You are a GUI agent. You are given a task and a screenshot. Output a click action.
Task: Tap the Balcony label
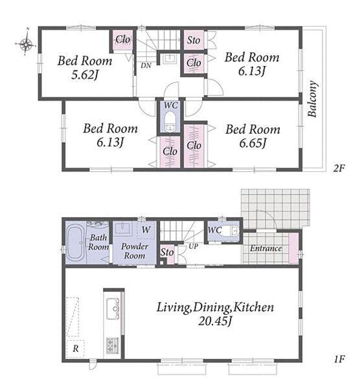(x=312, y=98)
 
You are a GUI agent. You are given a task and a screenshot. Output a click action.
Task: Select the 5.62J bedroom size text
(x=84, y=75)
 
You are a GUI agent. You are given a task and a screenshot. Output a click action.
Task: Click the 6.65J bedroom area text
(x=253, y=144)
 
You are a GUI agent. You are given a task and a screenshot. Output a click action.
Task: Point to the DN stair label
(x=146, y=65)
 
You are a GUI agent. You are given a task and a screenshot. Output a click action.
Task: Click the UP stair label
(x=193, y=246)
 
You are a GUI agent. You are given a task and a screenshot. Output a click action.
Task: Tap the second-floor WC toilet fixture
(x=170, y=121)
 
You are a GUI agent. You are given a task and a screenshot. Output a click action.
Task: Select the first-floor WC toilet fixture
(x=231, y=231)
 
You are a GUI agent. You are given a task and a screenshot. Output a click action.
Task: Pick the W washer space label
(x=146, y=230)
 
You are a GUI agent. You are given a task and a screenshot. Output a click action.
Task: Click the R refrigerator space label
(x=76, y=349)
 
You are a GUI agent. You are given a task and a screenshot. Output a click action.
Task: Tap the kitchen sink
(x=113, y=308)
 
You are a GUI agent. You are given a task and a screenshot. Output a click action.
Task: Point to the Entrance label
(x=266, y=248)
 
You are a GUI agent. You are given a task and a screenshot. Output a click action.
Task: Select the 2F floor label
(x=339, y=169)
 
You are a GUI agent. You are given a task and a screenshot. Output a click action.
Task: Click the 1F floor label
(x=339, y=359)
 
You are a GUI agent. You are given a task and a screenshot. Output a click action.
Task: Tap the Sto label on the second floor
(x=194, y=40)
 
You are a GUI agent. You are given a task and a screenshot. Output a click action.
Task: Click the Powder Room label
(x=135, y=251)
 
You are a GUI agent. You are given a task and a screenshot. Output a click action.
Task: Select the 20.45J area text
(x=215, y=321)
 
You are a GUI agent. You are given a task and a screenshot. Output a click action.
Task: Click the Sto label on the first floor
(x=167, y=252)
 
